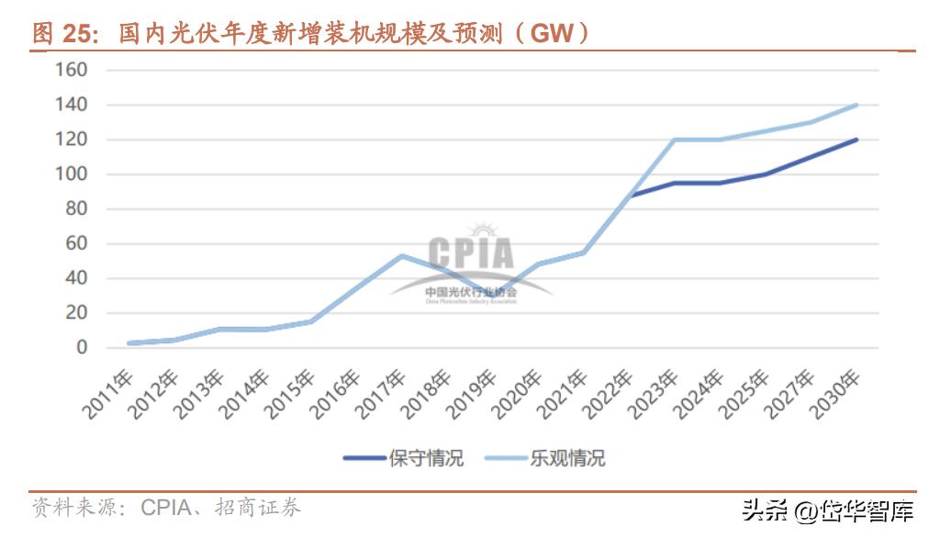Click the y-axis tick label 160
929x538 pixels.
[x=71, y=70]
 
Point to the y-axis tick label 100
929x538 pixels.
[x=71, y=174]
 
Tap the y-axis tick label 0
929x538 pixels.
[x=82, y=348]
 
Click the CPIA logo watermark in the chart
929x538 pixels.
[x=471, y=262]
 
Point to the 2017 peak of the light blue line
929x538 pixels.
[x=401, y=255]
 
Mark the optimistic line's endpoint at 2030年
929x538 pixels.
[x=856, y=105]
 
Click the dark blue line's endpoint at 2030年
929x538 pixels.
[x=856, y=140]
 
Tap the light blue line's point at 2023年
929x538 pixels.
[x=674, y=140]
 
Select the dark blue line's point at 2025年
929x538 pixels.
[x=765, y=174]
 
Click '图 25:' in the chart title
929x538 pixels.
[x=63, y=34]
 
